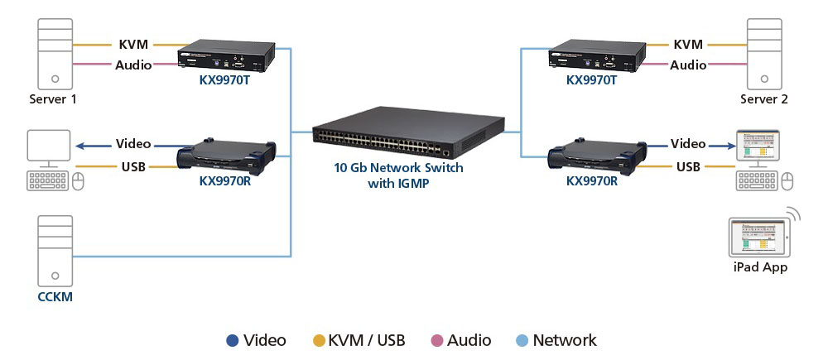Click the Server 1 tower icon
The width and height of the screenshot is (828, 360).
point(55,54)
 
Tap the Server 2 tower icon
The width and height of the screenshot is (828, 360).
point(764,54)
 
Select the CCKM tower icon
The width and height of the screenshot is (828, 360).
point(55,251)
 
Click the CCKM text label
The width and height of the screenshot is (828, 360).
point(55,296)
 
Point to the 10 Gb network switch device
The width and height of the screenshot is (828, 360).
point(408,132)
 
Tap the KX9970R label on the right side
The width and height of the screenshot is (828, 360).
point(592,181)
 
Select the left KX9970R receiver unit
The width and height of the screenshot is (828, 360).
point(227,155)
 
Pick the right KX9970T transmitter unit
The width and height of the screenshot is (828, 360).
point(597,56)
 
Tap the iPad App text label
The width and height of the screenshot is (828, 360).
point(760,267)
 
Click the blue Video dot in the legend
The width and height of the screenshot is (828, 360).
point(233,341)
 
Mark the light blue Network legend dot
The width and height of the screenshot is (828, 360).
point(521,341)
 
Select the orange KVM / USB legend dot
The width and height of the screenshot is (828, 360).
point(319,341)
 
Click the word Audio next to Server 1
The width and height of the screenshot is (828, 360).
point(133,65)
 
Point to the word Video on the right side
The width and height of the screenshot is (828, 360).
point(688,143)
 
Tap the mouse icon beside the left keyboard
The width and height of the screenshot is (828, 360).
point(78,181)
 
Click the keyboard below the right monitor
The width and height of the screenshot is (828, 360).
point(757,181)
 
